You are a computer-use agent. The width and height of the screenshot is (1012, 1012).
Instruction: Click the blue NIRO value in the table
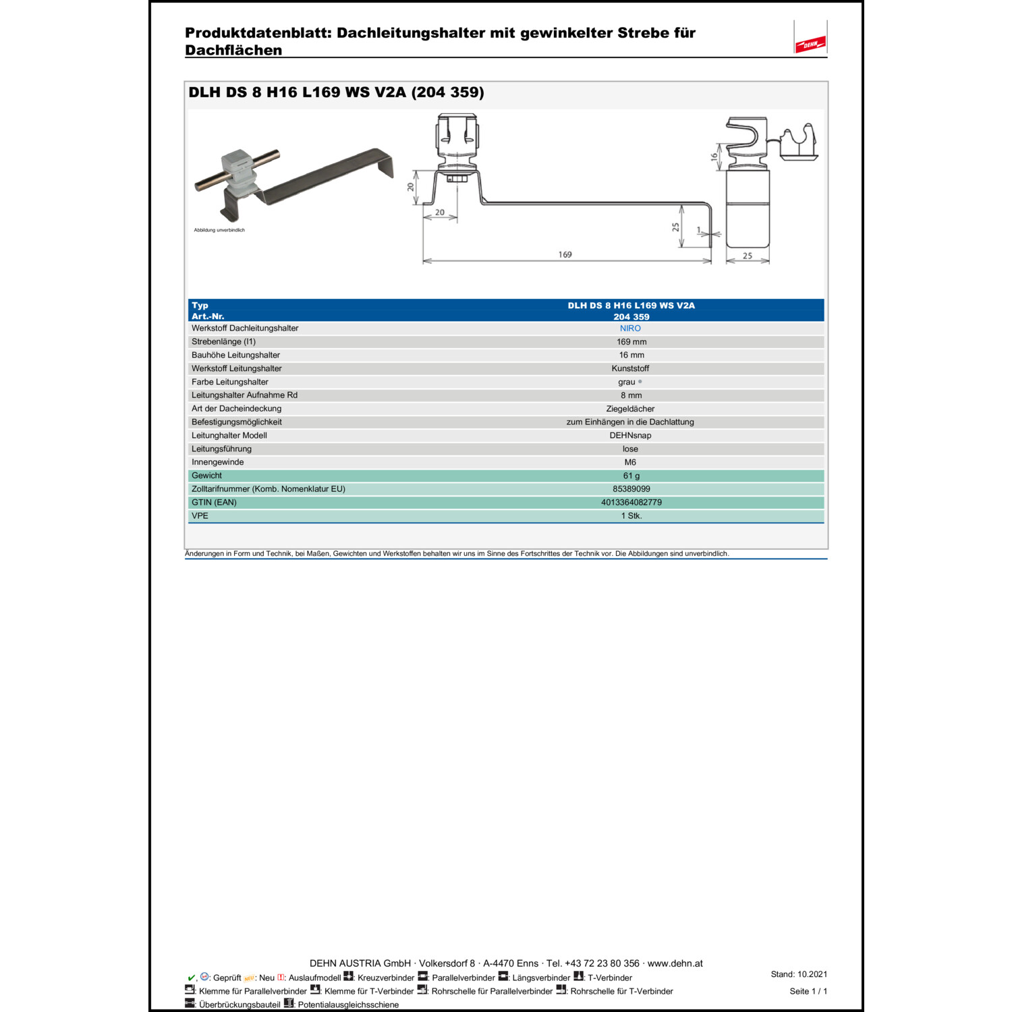click(630, 329)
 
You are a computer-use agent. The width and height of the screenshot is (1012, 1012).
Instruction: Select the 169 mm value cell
click(631, 342)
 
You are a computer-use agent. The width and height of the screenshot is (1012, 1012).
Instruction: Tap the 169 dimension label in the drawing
click(565, 255)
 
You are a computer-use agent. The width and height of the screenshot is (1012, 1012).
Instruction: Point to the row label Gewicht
click(206, 476)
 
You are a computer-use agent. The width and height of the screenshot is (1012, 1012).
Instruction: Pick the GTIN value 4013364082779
click(631, 503)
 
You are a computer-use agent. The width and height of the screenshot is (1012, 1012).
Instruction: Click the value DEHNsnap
click(630, 436)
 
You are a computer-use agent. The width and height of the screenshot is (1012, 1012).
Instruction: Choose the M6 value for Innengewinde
click(630, 463)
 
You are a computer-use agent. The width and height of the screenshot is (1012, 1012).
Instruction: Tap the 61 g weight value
click(631, 476)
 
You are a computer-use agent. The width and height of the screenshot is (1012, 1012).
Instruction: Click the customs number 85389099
click(631, 489)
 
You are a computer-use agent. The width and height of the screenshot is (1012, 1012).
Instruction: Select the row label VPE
click(200, 516)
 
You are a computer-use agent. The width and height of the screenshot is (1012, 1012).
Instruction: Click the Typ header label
click(200, 306)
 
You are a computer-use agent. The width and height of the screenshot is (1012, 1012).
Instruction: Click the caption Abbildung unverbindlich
click(219, 230)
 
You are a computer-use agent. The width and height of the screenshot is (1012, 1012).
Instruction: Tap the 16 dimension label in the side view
click(714, 157)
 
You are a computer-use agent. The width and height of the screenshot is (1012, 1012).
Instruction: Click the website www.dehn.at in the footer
click(675, 963)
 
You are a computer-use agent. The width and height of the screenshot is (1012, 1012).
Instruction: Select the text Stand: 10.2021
click(799, 974)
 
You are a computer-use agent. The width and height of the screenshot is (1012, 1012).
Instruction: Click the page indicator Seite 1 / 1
click(808, 991)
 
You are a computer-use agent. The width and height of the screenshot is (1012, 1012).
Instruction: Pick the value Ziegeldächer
click(630, 409)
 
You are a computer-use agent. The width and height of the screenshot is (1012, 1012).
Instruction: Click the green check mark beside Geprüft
click(191, 978)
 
